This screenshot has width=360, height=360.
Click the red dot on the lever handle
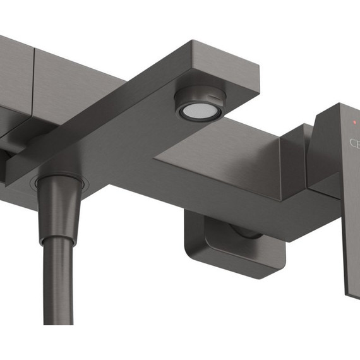355,121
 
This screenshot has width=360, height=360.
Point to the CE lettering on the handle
354,143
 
